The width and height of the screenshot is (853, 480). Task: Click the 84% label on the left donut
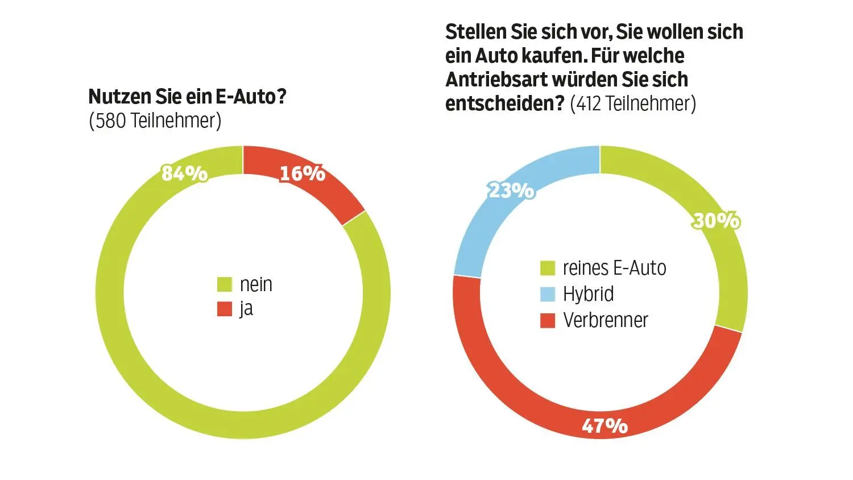(185, 173)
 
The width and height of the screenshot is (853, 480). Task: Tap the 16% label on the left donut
(302, 173)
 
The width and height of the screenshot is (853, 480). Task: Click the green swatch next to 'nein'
(225, 284)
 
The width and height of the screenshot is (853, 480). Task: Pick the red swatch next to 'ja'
(225, 309)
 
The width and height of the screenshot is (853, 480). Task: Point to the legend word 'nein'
(256, 284)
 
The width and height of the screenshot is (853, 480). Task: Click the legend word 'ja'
(246, 309)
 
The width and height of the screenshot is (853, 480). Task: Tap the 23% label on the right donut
(511, 191)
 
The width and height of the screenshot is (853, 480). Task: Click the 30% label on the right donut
(716, 220)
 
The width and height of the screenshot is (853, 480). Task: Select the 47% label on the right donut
(604, 425)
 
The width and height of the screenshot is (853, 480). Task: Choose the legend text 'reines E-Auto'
(614, 268)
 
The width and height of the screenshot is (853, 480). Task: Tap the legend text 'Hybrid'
(588, 294)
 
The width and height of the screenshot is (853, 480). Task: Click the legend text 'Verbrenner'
(605, 320)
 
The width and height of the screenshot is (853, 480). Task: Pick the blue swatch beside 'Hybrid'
(547, 294)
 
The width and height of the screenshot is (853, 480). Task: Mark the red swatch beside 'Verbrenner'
(547, 321)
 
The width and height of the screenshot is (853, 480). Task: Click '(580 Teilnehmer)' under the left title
(155, 121)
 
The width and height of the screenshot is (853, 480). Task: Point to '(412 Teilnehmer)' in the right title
(632, 104)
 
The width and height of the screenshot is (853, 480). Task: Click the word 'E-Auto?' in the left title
(251, 97)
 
